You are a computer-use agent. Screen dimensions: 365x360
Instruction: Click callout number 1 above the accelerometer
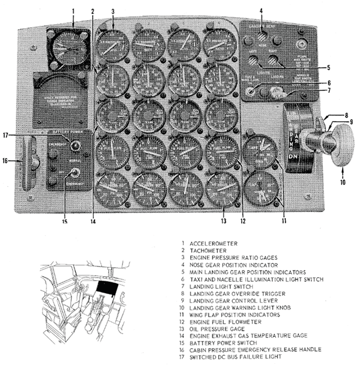(x=73, y=10)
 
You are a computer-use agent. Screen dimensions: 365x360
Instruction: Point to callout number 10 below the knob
(x=343, y=182)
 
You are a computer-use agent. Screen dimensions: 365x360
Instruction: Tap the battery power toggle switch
(x=73, y=173)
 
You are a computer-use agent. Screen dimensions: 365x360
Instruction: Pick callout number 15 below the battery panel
(x=64, y=222)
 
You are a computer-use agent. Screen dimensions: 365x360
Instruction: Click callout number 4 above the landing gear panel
(x=260, y=10)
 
